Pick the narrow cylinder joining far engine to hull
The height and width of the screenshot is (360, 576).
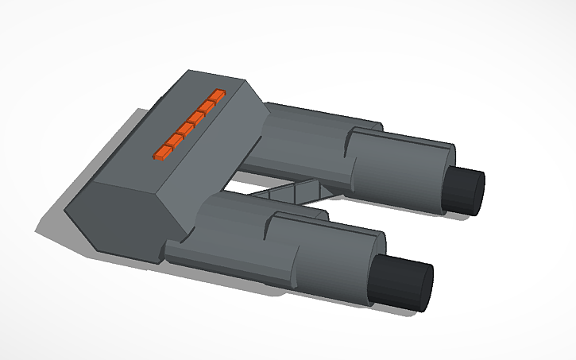pos(294,143)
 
